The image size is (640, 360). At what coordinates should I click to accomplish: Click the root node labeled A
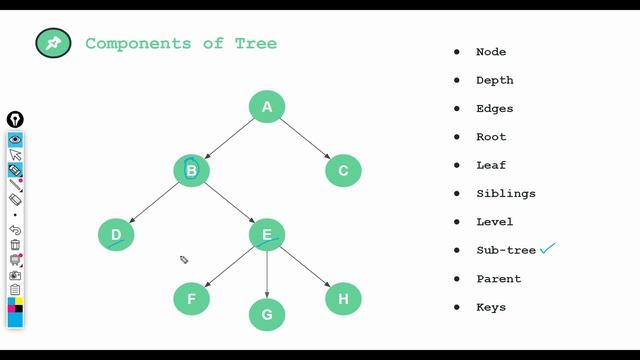tap(267, 107)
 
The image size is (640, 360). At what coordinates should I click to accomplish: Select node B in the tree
tap(191, 171)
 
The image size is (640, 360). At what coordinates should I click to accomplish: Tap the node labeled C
tap(343, 171)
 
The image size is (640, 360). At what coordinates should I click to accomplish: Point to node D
tap(116, 235)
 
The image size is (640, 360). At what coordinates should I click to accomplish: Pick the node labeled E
tap(267, 236)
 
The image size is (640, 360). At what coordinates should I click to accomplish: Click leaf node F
tap(191, 299)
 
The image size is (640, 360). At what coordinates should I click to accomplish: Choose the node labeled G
tap(267, 314)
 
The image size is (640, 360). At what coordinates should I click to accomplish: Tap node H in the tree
tap(343, 298)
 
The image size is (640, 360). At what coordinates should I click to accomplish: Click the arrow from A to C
tap(306, 139)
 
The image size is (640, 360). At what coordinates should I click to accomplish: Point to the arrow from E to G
tap(267, 275)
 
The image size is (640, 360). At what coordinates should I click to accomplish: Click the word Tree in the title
tap(256, 43)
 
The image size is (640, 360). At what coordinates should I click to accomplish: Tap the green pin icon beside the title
tap(53, 43)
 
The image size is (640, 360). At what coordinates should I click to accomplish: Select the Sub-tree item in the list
tap(506, 250)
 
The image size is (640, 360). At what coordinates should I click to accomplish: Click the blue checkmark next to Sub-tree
tap(547, 248)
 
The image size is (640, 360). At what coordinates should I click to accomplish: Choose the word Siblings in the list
tap(505, 193)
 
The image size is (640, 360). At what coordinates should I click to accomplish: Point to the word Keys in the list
tap(491, 307)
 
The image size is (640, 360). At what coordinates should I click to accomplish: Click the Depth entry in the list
tap(494, 80)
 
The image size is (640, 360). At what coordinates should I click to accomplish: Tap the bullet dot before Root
tap(457, 137)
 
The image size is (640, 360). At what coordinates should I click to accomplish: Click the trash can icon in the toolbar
tap(15, 244)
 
